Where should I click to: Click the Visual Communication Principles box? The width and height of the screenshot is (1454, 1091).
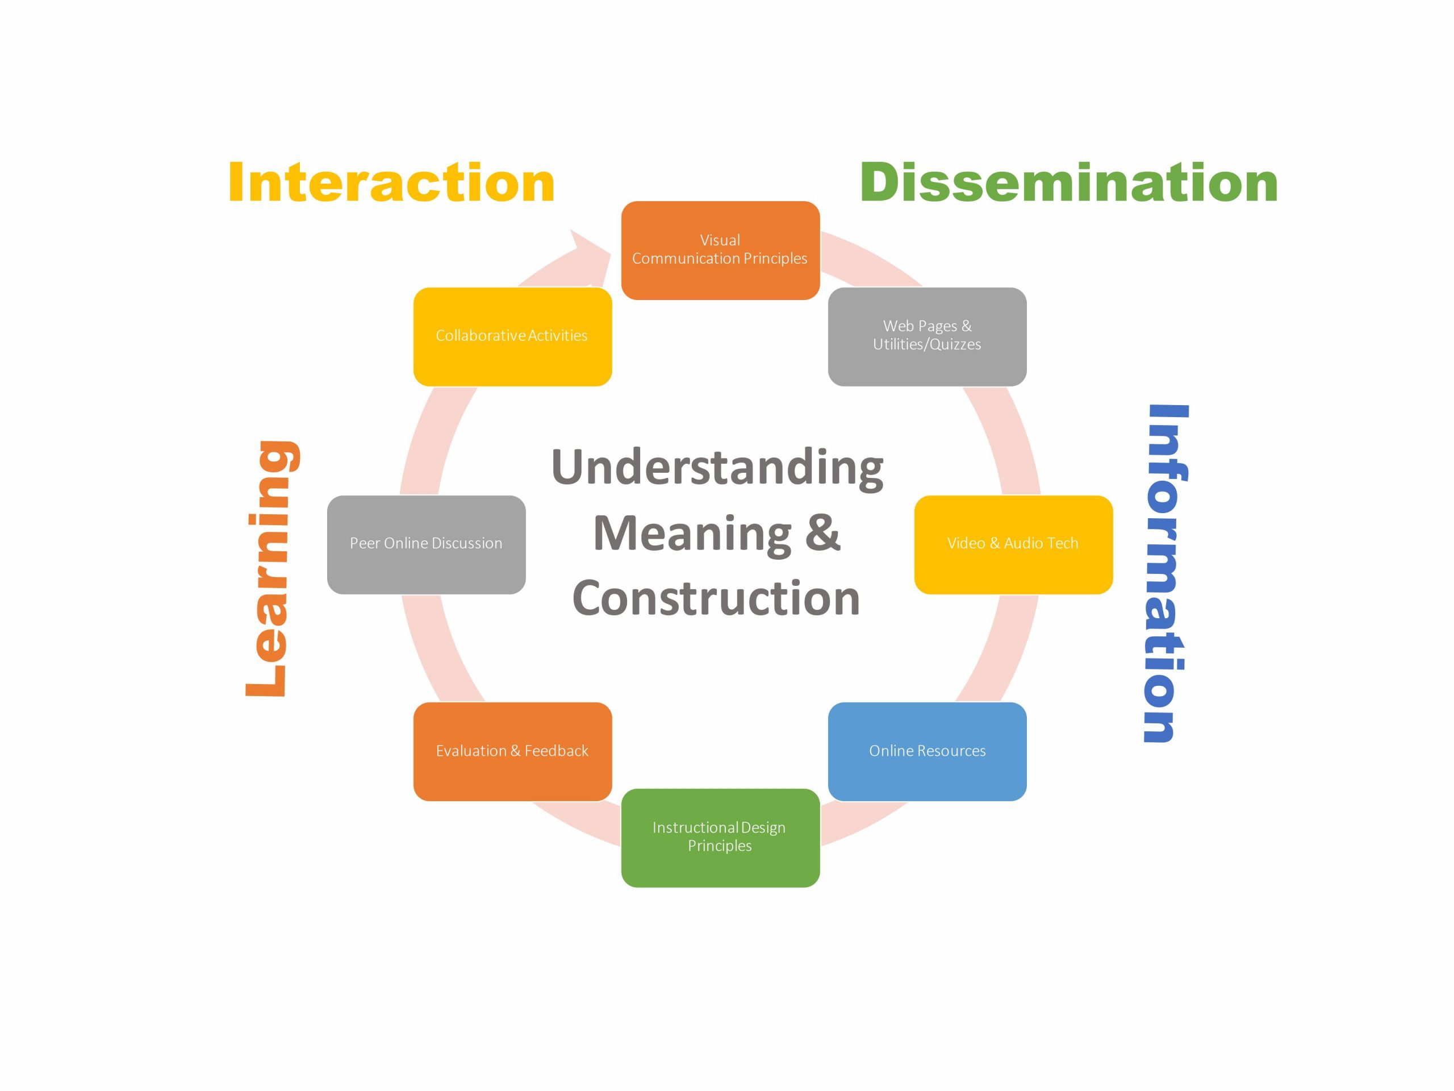720,250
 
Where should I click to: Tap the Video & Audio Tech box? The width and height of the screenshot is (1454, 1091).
1013,544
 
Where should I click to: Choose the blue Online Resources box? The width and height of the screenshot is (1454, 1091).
927,751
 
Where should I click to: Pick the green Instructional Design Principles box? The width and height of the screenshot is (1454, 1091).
720,837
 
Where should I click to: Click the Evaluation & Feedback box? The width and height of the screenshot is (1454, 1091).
512,751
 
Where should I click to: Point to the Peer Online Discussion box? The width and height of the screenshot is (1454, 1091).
426,544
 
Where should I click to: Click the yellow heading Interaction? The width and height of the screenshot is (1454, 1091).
391,182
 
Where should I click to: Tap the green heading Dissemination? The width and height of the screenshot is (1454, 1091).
1068,182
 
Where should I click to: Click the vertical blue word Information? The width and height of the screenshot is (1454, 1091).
1165,572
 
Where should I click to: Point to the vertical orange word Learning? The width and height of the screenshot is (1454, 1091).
273,569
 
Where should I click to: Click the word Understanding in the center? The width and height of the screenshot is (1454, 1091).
717,468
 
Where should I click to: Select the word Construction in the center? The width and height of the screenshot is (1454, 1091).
716,598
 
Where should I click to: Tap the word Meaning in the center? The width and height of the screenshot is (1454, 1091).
692,534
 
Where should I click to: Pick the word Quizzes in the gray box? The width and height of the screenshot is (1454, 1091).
954,344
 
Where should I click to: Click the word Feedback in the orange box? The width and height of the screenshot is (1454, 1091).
556,751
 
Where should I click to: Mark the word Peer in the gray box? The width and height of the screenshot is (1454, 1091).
364,543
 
